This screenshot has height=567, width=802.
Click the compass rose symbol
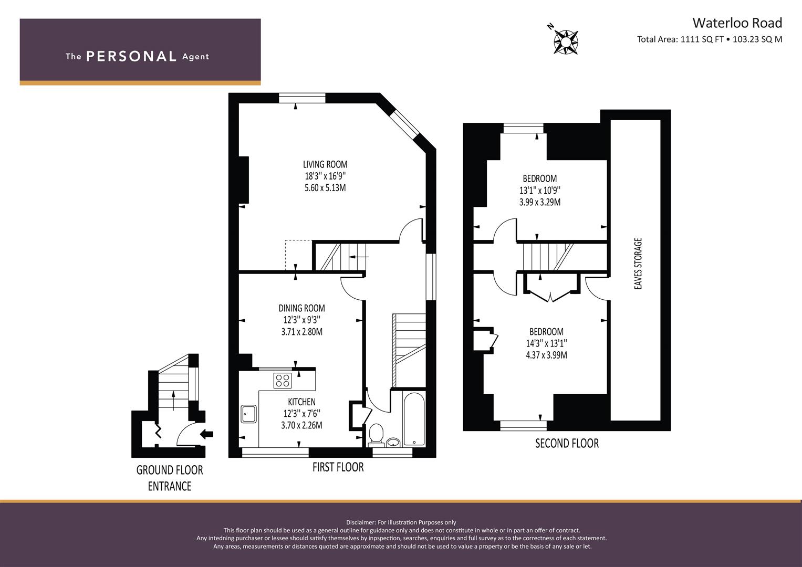click(566, 42)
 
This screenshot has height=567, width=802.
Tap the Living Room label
click(325, 164)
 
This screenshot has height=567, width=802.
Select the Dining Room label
click(302, 308)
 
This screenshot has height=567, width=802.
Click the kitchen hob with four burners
click(282, 381)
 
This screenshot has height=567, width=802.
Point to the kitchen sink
click(248, 414)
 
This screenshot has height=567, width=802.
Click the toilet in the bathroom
click(376, 435)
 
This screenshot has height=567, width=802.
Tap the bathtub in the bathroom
click(414, 419)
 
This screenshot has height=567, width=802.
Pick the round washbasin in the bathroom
click(393, 442)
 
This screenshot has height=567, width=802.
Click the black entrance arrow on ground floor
click(206, 434)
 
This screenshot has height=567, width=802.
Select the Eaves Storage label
click(638, 264)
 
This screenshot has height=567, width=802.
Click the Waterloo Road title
click(737, 23)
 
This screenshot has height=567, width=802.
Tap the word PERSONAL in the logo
click(131, 56)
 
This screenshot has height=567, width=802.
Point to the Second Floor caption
click(567, 443)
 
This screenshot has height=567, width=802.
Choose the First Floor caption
click(338, 467)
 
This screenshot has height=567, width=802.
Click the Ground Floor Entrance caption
click(170, 478)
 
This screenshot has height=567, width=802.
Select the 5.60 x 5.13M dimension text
click(325, 187)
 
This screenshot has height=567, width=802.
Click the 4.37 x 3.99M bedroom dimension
click(546, 355)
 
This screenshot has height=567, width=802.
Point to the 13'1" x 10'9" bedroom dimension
click(540, 190)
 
